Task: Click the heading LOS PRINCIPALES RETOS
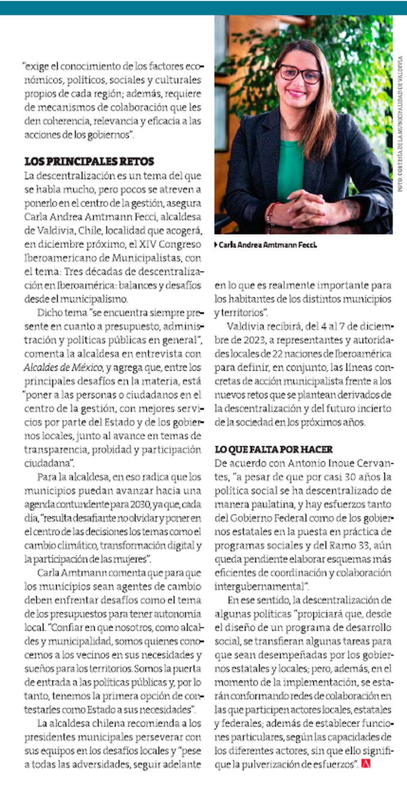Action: [x=89, y=161]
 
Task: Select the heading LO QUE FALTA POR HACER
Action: [x=274, y=449]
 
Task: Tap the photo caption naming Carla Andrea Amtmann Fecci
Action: [x=267, y=245]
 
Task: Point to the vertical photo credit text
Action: [x=400, y=124]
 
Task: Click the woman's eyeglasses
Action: [x=299, y=74]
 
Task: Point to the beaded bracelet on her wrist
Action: [x=271, y=213]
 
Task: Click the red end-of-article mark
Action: [x=365, y=764]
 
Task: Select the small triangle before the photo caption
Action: [x=216, y=245]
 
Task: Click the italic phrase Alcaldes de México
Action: [x=63, y=368]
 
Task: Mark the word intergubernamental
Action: [x=259, y=587]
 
